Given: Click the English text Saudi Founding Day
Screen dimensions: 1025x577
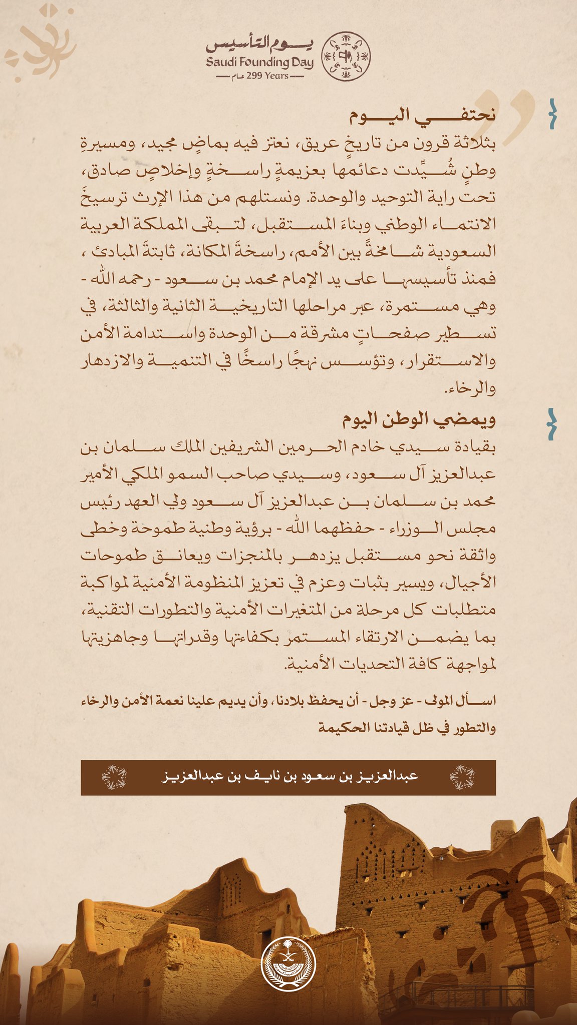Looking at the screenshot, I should pyautogui.click(x=259, y=63).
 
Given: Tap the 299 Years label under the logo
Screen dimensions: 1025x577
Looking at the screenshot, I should pyautogui.click(x=260, y=76).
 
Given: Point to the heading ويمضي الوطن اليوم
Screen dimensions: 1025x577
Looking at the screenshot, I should pyautogui.click(x=419, y=419).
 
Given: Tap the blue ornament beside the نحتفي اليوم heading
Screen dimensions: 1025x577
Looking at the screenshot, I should pyautogui.click(x=552, y=114).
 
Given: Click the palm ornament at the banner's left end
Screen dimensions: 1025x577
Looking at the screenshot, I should pyautogui.click(x=114, y=777).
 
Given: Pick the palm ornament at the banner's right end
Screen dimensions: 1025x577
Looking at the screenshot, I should pyautogui.click(x=462, y=777).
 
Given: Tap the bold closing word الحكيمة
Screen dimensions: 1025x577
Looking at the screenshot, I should pyautogui.click(x=341, y=728).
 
